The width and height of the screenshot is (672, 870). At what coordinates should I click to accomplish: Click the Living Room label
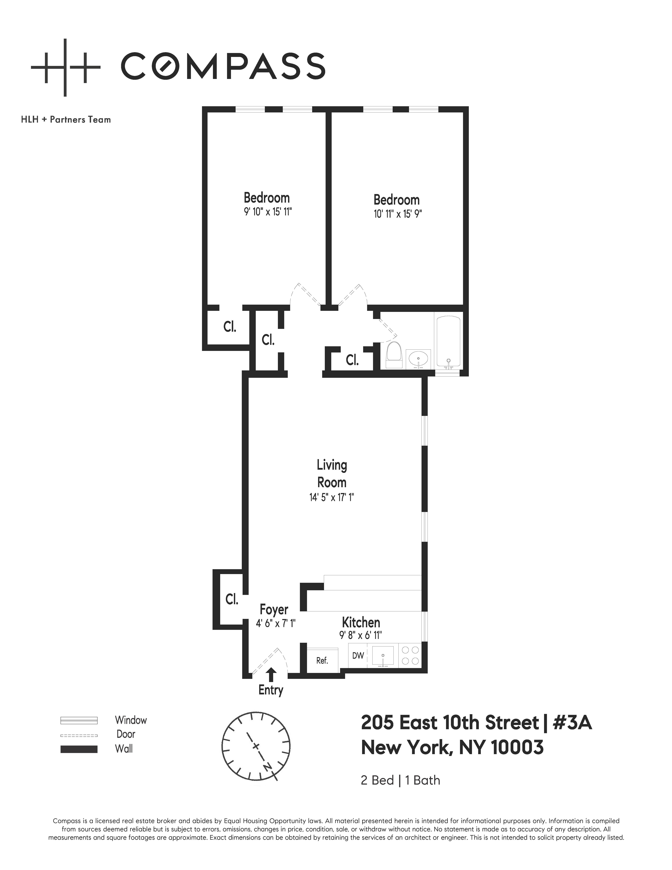click(x=332, y=474)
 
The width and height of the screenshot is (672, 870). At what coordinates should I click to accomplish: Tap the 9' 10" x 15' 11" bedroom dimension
click(x=268, y=212)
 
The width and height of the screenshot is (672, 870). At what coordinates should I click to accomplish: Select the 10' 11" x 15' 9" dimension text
click(x=397, y=214)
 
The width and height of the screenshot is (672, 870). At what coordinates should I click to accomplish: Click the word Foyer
click(x=274, y=610)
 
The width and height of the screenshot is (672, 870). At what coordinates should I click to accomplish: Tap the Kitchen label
click(x=361, y=622)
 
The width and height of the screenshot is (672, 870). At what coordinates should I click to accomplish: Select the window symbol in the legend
click(x=79, y=721)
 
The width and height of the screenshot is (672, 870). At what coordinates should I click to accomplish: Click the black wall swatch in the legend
click(x=79, y=749)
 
